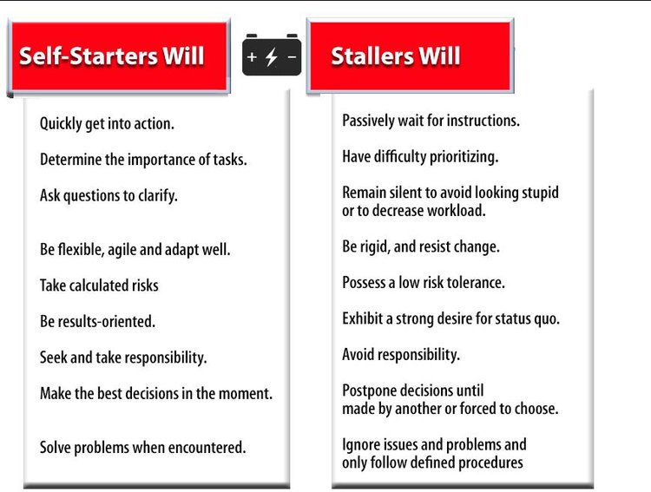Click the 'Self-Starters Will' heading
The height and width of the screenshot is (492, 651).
[x=112, y=56]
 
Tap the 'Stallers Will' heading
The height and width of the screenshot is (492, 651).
[x=396, y=56]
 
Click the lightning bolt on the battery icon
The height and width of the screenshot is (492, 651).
[x=272, y=56]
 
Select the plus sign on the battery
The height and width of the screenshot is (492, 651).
[x=252, y=56]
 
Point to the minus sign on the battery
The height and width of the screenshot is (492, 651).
[x=292, y=56]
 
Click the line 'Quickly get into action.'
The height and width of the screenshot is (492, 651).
[x=107, y=124]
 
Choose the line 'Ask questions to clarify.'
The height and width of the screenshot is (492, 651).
[x=108, y=195]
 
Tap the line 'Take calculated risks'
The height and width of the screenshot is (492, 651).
[x=99, y=285]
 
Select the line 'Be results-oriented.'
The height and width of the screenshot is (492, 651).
[x=97, y=321]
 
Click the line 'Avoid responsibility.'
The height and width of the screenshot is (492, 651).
[x=401, y=355]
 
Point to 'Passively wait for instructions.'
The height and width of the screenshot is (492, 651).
[x=431, y=121]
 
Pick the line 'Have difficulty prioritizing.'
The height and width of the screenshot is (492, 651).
[x=420, y=156]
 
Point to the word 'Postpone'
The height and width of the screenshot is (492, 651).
[x=369, y=391]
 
